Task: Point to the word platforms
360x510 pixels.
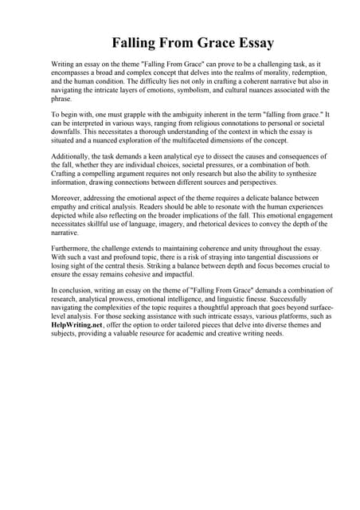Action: tap(298, 316)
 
